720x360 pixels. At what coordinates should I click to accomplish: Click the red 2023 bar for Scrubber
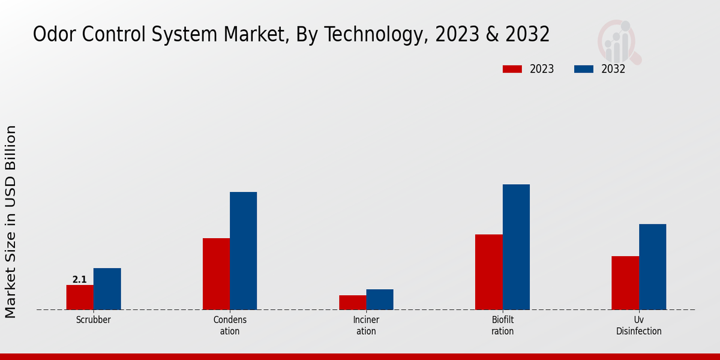(x=80, y=297)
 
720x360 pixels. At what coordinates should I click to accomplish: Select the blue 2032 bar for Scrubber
(x=107, y=289)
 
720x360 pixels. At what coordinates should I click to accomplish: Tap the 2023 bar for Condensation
(x=216, y=274)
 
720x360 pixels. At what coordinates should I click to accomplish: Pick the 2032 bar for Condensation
(x=243, y=251)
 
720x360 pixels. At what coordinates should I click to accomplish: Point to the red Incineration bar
(x=352, y=302)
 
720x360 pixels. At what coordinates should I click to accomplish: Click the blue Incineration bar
(x=380, y=299)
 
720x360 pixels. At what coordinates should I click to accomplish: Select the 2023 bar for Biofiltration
(x=488, y=272)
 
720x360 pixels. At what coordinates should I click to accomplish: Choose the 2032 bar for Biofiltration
(x=516, y=247)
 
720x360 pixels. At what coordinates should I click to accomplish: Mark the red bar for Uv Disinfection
(x=625, y=283)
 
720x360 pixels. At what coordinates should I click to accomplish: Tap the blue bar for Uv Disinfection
(x=652, y=266)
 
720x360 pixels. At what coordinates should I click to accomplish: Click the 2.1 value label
(x=79, y=280)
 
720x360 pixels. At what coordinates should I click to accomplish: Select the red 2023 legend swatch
(x=512, y=69)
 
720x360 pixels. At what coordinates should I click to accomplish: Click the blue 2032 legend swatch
(x=584, y=69)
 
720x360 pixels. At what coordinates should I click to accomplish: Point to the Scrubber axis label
(x=93, y=320)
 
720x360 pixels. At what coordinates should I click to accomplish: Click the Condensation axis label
(x=230, y=325)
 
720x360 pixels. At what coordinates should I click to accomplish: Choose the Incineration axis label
(x=366, y=325)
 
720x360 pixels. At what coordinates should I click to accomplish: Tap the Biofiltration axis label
(x=503, y=325)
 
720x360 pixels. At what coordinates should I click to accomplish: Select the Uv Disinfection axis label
(x=639, y=325)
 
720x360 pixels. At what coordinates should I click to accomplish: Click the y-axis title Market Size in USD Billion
(x=11, y=222)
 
